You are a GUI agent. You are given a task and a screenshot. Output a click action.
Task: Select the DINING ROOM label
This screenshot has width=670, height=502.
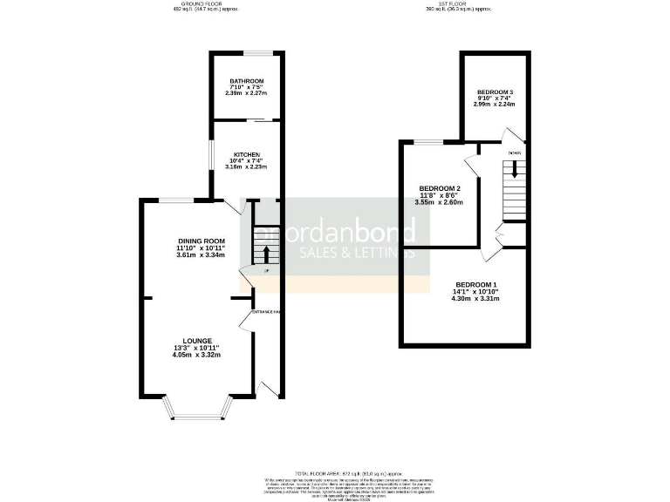pos(202,241)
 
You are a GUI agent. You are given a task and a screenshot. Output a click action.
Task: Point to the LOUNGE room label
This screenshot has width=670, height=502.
pos(197,341)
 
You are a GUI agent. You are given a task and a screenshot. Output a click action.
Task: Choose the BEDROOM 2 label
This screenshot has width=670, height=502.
pos(440,188)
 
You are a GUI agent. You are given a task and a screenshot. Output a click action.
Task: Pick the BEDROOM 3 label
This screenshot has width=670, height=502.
pos(495,92)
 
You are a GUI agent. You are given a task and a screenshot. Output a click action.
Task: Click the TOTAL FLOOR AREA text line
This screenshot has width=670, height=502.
pos(336,471)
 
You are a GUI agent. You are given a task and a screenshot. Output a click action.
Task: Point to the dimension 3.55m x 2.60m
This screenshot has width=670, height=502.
pos(440,202)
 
